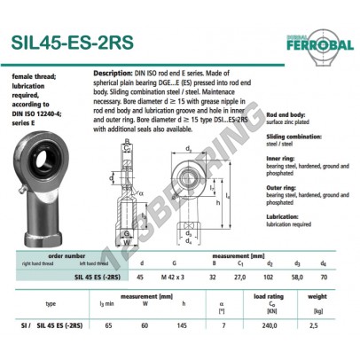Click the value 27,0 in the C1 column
[239, 277]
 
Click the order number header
[67, 256]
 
